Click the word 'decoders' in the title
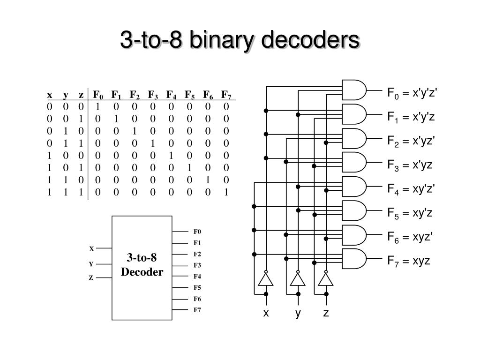coord(310,39)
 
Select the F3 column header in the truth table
coord(153,95)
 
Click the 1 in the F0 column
coord(97,106)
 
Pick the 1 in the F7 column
coord(226,192)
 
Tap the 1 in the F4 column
coord(171,156)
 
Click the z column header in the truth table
coord(81,95)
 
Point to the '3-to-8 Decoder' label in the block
coord(142,264)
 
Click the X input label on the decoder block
coord(91,248)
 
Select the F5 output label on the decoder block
coord(197,287)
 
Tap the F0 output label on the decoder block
coord(197,232)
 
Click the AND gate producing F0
coord(354,90)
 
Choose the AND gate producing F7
coord(354,259)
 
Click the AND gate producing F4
coord(354,187)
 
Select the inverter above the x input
coord(266,278)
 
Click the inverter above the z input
coord(326,278)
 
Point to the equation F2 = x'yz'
coord(411,141)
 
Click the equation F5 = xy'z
coord(410,213)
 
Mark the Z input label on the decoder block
coord(91,277)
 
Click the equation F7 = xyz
coord(409,261)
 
